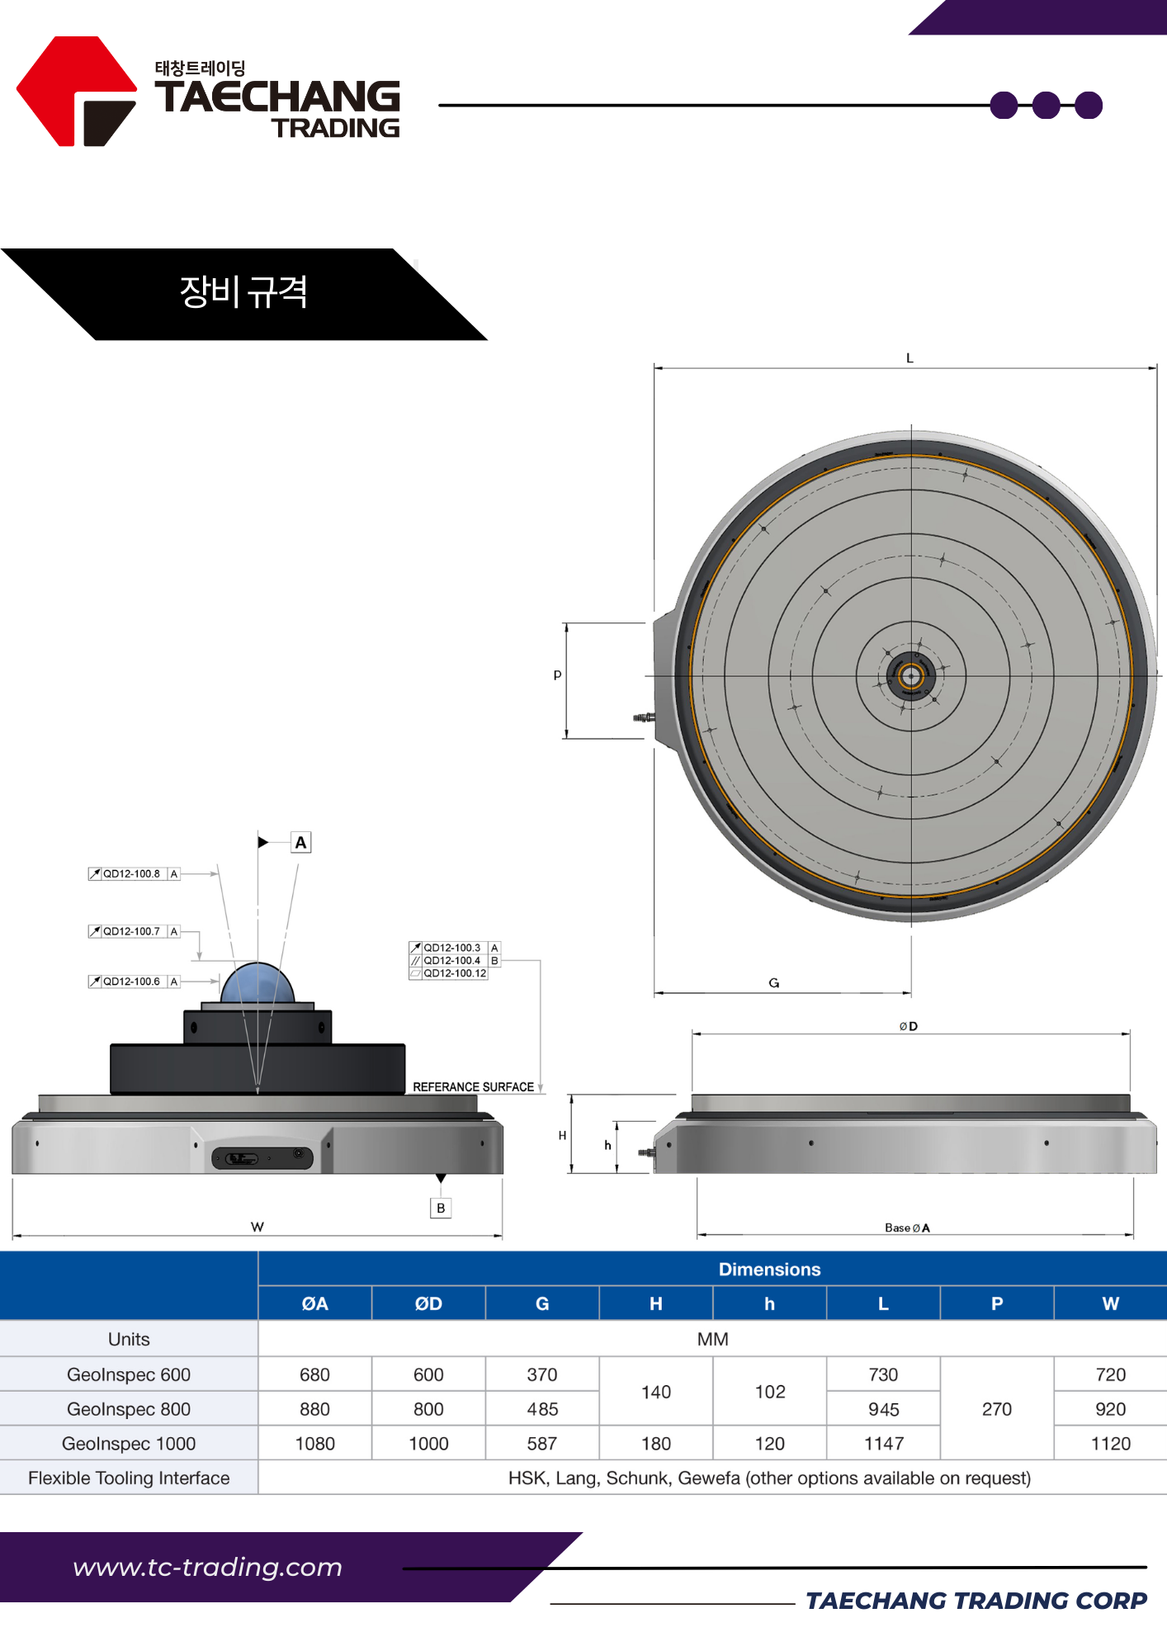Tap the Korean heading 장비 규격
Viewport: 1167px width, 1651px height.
(x=243, y=292)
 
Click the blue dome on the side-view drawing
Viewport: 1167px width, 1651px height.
(x=257, y=983)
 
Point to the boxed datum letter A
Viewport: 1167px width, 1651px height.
(x=300, y=843)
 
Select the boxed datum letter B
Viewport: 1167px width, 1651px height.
(x=441, y=1209)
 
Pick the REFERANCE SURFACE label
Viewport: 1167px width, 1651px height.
(x=473, y=1087)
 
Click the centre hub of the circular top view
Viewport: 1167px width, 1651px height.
(x=911, y=676)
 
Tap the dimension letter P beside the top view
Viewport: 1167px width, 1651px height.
(x=557, y=675)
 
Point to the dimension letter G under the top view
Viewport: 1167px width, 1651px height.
(x=774, y=983)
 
